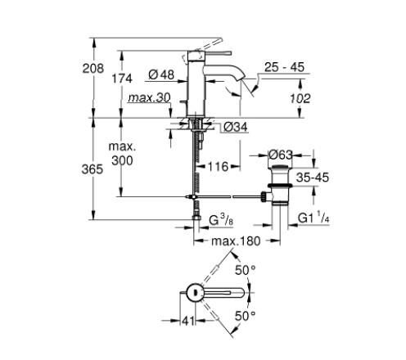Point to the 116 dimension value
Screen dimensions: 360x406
pyautogui.click(x=218, y=167)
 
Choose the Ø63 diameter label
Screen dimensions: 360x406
pyautogui.click(x=282, y=153)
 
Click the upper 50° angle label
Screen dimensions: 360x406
pyautogui.click(x=246, y=269)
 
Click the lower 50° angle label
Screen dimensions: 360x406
pyautogui.click(x=246, y=314)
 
